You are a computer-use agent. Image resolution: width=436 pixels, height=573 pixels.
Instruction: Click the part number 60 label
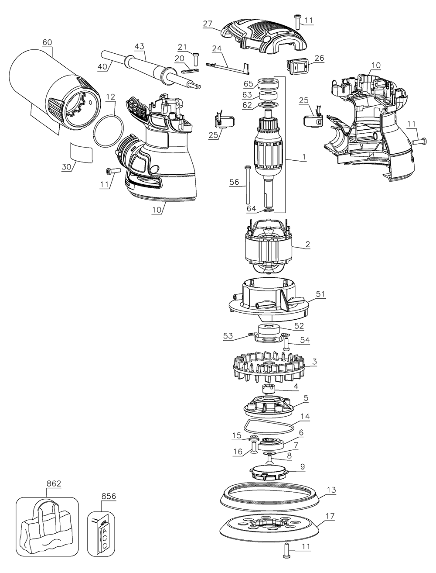(47, 42)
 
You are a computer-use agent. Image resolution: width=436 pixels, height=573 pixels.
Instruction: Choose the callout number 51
(320, 294)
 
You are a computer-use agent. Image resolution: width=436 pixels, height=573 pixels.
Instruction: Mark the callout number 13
(331, 490)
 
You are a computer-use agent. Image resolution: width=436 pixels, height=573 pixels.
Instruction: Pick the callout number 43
(140, 46)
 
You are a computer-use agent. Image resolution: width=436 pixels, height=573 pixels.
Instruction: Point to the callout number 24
(218, 48)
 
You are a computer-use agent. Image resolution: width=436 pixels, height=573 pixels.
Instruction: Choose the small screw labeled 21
(196, 57)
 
